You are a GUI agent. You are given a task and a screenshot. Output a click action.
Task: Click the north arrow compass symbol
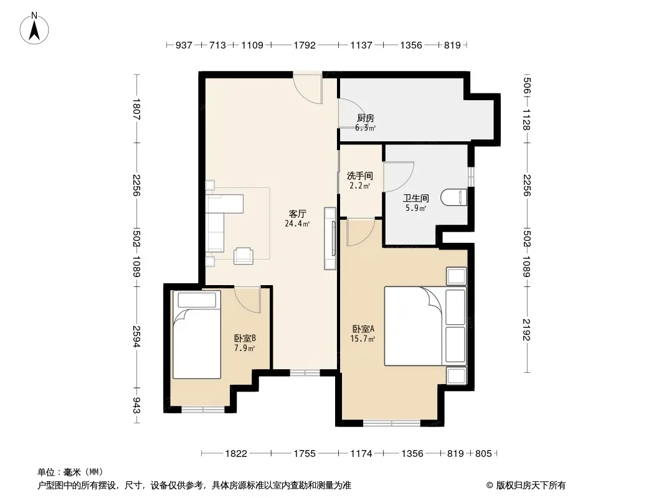pyautogui.click(x=34, y=29)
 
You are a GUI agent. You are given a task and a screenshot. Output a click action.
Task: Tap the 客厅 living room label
pyautogui.click(x=297, y=214)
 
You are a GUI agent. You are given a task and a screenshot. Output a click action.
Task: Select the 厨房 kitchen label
pyautogui.click(x=366, y=118)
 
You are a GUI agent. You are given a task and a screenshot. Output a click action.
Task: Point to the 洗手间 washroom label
pyautogui.click(x=359, y=176)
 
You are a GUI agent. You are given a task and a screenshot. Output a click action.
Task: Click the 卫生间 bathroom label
pyautogui.click(x=416, y=198)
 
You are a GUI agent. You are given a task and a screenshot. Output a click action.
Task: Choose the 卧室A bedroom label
pyautogui.click(x=363, y=329)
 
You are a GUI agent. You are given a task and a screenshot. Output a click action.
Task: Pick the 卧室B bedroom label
pyautogui.click(x=245, y=339)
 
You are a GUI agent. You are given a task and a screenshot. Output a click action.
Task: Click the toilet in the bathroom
pyautogui.click(x=453, y=197)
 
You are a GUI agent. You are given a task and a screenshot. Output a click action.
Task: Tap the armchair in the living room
pyautogui.click(x=244, y=256)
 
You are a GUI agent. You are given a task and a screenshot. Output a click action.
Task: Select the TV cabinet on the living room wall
pyautogui.click(x=330, y=238)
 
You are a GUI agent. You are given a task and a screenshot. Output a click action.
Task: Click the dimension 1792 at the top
pyautogui.click(x=305, y=45)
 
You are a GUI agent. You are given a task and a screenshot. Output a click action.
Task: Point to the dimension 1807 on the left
pyautogui.click(x=136, y=109)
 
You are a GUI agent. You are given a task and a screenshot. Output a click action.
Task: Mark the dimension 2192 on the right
pyautogui.click(x=526, y=329)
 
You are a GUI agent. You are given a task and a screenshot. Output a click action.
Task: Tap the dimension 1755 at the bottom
pyautogui.click(x=305, y=454)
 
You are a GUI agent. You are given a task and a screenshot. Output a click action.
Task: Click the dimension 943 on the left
pyautogui.click(x=136, y=405)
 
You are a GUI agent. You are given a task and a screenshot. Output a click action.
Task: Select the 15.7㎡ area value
pyautogui.click(x=363, y=339)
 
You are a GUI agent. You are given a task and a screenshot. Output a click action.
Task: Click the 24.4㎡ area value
pyautogui.click(x=297, y=223)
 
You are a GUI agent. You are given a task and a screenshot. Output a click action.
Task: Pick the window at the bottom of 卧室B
pyautogui.click(x=203, y=409)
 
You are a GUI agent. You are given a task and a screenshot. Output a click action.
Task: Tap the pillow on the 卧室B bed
pyautogui.click(x=197, y=300)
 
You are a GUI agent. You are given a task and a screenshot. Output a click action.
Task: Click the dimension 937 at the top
pyautogui.click(x=184, y=45)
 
